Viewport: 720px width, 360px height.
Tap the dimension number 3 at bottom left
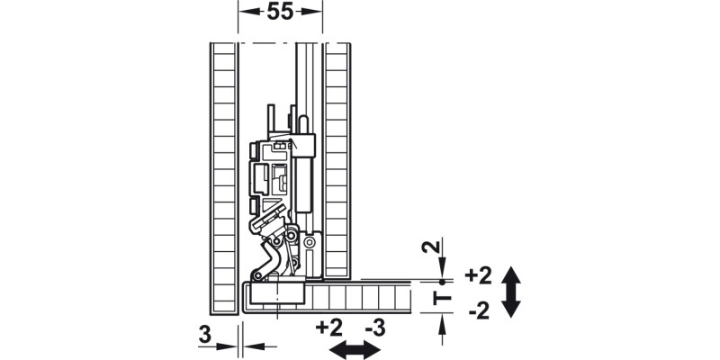point(204,337)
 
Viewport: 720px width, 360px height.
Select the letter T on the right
point(442,297)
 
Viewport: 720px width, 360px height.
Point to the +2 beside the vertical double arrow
point(479,274)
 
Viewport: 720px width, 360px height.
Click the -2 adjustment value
point(479,312)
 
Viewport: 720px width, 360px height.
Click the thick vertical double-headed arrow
point(510,292)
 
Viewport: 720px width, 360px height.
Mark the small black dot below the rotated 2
point(442,280)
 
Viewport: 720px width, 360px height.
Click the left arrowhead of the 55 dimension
point(244,13)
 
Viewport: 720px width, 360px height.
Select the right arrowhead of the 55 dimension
point(316,13)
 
